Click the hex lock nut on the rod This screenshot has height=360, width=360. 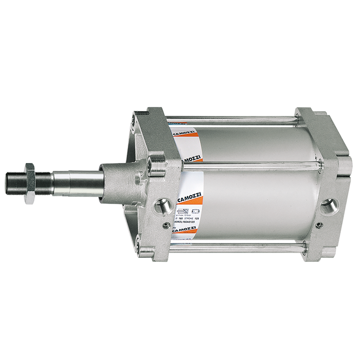pos(30,177)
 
